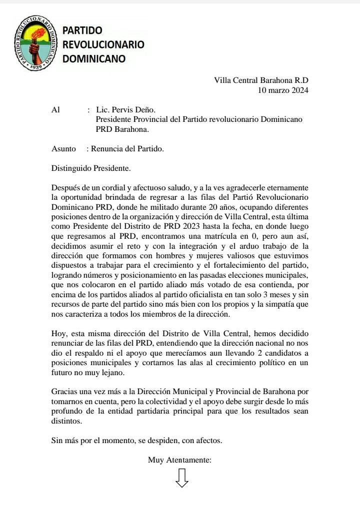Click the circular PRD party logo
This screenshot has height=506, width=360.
coord(35,43)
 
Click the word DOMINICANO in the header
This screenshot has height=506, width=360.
coord(93,59)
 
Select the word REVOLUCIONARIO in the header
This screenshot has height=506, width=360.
coord(103,44)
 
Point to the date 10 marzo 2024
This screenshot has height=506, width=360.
coord(283,90)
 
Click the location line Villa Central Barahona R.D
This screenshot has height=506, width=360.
coord(261,80)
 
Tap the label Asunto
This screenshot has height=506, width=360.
coord(63,148)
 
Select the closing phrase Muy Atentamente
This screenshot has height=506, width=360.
coord(179,460)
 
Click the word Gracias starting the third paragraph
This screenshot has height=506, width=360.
coord(65,393)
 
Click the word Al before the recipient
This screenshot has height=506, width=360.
coord(55,110)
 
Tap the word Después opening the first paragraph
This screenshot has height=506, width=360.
coord(67,188)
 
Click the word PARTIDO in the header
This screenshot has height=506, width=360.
coord(82,30)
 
